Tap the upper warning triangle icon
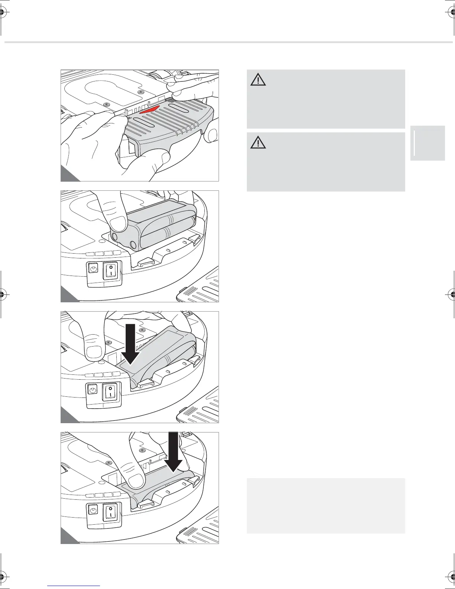tap(258, 80)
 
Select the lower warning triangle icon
tap(258, 142)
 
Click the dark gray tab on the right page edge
tap(427, 143)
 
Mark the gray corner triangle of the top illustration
tap(68, 176)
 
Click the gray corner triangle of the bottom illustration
tap(68, 539)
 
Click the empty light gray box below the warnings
tap(326, 506)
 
